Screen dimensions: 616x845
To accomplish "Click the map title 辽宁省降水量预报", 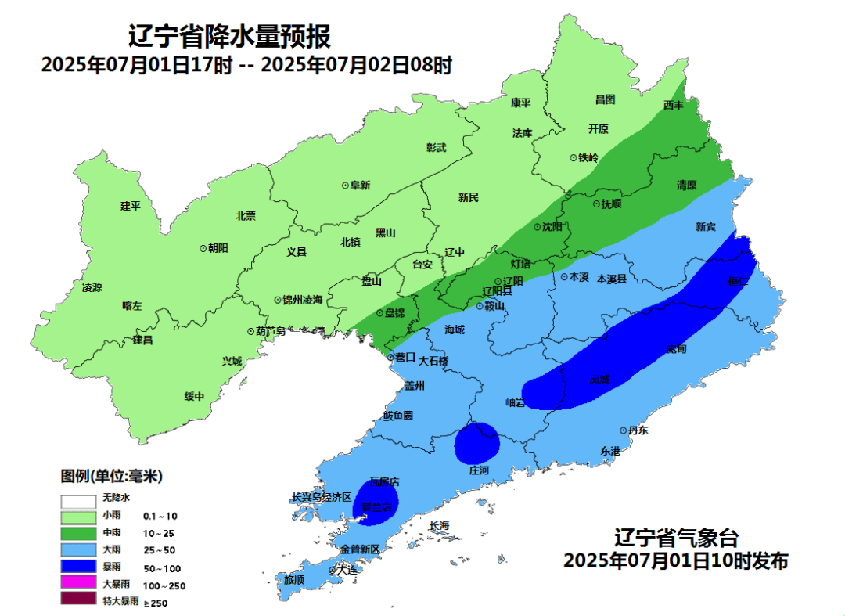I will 229,36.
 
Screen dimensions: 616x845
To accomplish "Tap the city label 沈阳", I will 552,227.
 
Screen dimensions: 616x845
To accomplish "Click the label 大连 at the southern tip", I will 347,570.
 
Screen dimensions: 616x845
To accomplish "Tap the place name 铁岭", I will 588,157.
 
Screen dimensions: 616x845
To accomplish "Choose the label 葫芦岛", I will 270,332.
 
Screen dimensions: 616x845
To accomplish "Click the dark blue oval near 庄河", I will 477,443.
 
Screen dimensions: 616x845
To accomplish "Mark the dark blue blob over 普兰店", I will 377,500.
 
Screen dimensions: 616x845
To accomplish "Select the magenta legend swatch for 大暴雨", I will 76,584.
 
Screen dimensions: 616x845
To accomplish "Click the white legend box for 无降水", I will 76,498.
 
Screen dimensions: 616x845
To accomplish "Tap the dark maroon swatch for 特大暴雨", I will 76,601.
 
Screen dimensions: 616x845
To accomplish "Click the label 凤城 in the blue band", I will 600,380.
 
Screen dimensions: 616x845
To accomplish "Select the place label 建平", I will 130,206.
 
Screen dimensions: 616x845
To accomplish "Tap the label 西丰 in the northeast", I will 673,105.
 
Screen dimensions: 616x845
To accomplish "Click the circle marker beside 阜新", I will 345,186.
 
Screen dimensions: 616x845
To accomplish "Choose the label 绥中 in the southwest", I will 194,397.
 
